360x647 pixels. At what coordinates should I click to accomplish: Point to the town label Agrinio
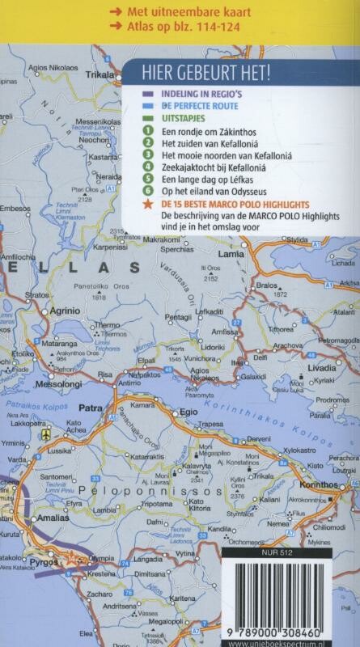coord(65,310)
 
